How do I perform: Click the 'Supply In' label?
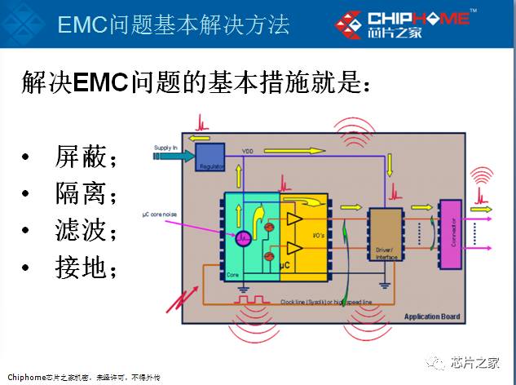point(165,148)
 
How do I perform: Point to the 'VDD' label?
point(248,152)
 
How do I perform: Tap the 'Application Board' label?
point(431,316)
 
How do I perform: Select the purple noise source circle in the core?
point(243,239)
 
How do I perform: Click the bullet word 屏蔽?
point(85,157)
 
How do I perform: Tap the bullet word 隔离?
point(85,194)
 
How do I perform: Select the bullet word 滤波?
point(85,231)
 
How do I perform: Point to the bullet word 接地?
point(85,268)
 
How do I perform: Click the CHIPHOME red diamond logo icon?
point(351,24)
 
